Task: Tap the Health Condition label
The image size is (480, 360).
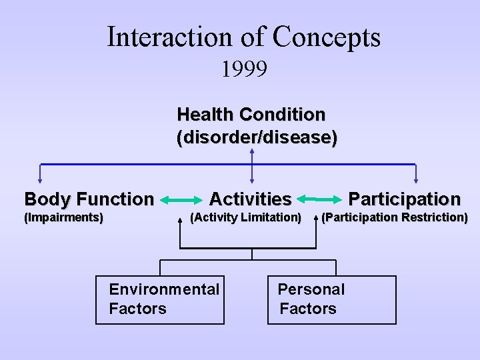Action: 251,115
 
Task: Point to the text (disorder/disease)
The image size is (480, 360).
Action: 257,138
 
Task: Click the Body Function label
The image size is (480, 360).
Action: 89,199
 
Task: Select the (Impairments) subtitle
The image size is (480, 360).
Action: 63,217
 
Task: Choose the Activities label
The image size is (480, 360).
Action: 250,199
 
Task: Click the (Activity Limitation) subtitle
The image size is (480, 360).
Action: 245,217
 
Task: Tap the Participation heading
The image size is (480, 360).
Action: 404,199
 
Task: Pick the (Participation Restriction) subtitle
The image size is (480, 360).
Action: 395,217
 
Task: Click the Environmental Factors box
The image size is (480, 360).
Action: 160,299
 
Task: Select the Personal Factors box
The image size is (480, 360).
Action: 331,299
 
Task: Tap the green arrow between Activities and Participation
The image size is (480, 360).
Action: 320,199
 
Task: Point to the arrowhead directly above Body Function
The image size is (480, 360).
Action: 40,179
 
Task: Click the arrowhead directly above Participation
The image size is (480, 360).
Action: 416,179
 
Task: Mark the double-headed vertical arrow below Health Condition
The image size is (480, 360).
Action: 252,165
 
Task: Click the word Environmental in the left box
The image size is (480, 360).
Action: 164,289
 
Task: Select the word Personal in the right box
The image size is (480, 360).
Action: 311,289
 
